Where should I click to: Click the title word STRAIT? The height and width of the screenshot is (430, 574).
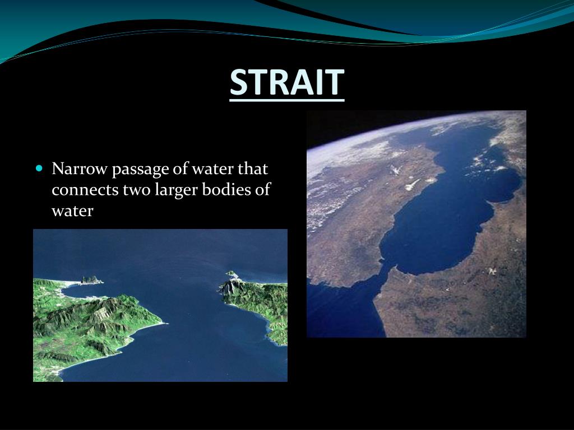click(x=286, y=82)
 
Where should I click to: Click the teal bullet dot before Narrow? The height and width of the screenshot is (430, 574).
click(x=39, y=168)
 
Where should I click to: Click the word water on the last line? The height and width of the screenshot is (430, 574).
click(x=72, y=212)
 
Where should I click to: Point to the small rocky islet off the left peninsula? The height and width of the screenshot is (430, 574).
click(x=90, y=279)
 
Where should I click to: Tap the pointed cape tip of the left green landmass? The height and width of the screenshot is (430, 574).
click(x=163, y=323)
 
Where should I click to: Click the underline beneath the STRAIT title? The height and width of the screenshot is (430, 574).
click(x=286, y=99)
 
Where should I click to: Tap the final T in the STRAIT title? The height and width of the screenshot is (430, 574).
click(x=335, y=82)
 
